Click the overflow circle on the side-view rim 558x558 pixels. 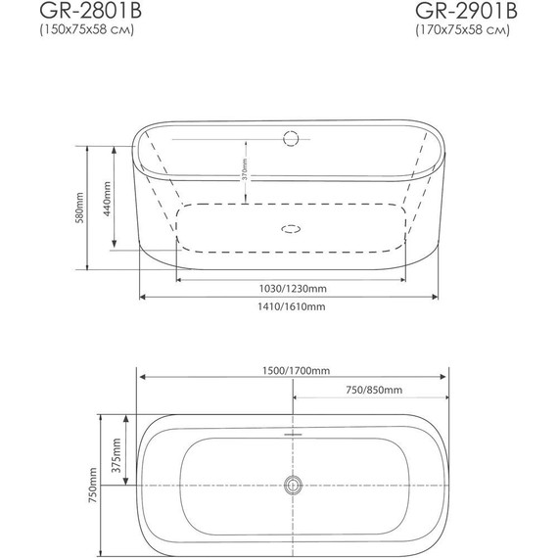click(x=291, y=138)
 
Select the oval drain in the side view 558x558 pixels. click(x=291, y=232)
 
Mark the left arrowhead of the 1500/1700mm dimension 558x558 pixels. click(x=139, y=378)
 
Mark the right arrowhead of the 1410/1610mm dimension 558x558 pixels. click(x=442, y=295)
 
